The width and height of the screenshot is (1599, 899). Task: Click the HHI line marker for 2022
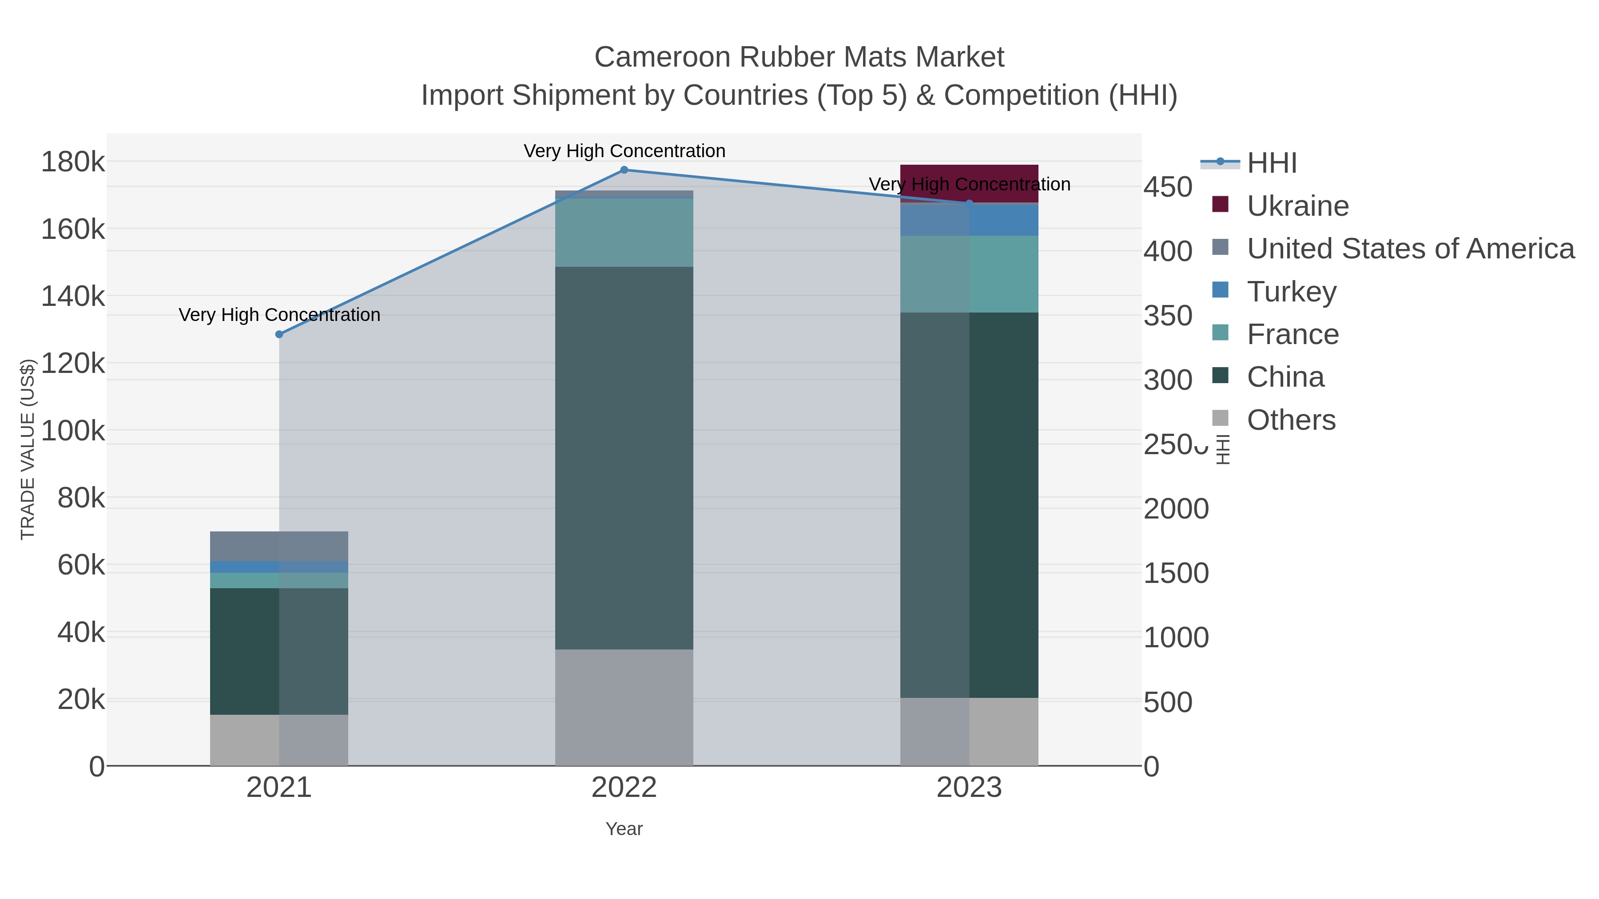click(x=624, y=170)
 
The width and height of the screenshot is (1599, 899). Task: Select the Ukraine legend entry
click(x=1297, y=206)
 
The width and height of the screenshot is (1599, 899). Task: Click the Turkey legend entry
click(x=1291, y=292)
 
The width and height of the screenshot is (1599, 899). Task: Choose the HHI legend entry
click(x=1271, y=163)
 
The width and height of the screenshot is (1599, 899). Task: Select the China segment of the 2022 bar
click(x=624, y=458)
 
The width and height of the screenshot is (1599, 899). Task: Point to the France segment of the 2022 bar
click(x=624, y=233)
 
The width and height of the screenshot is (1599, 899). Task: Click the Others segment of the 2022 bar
click(x=624, y=707)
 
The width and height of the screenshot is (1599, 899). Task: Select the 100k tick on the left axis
click(x=73, y=431)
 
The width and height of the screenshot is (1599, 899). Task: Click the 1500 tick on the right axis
click(x=1176, y=573)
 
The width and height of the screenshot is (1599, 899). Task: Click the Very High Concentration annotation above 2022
click(x=624, y=151)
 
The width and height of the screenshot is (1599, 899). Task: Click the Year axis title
click(x=624, y=829)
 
